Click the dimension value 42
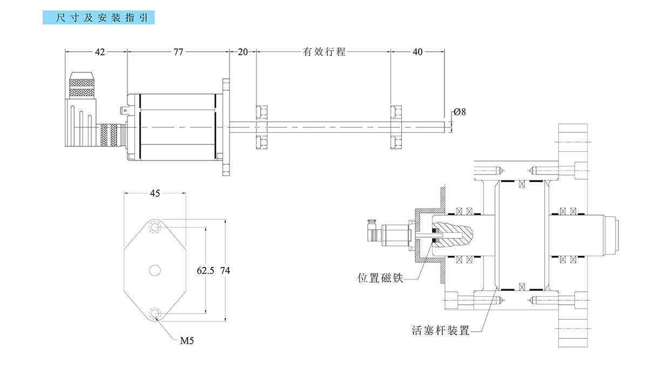point(100,52)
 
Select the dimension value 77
point(178,52)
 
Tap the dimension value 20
point(242,52)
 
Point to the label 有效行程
point(323,52)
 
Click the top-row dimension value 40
point(417,52)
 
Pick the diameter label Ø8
point(460,112)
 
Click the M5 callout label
point(187,340)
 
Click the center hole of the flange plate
point(156,270)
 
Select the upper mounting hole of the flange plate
point(156,228)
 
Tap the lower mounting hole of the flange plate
point(156,313)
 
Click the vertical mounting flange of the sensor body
point(226,127)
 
